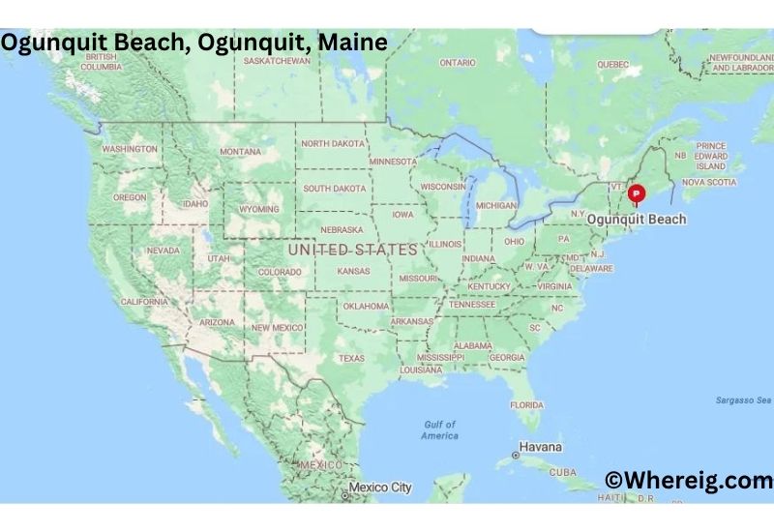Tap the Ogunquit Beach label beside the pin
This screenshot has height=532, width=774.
pos(637,220)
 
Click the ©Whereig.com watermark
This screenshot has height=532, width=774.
pos(688,481)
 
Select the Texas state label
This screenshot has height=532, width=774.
pos(351,359)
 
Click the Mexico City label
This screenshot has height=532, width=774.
pos(381,488)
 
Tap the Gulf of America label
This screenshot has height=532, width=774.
pos(439,430)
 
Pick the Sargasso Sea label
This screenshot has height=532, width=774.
pos(742,400)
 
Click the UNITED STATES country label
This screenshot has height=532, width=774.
pos(352,250)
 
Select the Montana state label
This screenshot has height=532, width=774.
pos(240,152)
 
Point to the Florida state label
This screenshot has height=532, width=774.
pos(526,404)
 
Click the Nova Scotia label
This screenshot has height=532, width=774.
pos(708,182)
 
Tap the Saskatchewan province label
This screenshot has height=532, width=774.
pos(277,61)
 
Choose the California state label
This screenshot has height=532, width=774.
pos(145,302)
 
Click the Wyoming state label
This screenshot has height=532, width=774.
pos(259,209)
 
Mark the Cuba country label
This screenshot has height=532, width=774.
pos(562,472)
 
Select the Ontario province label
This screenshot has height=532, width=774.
pos(458,63)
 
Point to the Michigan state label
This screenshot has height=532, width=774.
pos(496,206)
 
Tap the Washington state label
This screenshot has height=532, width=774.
pos(129,149)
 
